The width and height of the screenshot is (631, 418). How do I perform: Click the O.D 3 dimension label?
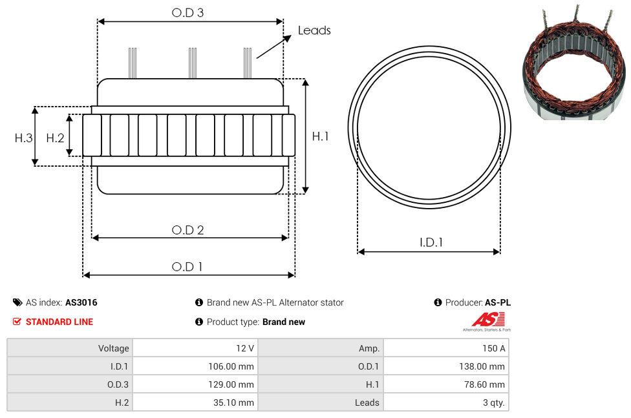pos(187,12)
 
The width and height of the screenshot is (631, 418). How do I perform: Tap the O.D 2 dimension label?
pos(187,230)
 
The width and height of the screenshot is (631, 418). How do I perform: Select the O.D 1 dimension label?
pos(187,267)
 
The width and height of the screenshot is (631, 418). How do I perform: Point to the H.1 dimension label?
pos(320,136)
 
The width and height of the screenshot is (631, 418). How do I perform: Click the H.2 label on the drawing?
pos(55,138)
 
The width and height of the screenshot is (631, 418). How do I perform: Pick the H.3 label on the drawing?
pos(24,138)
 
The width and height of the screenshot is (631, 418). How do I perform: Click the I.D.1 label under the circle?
pos(431,242)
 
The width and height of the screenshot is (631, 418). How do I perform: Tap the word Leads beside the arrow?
pos(314,30)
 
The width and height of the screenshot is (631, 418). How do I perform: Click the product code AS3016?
pos(81,302)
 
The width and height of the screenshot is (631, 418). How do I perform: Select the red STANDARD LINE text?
pos(59,322)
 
